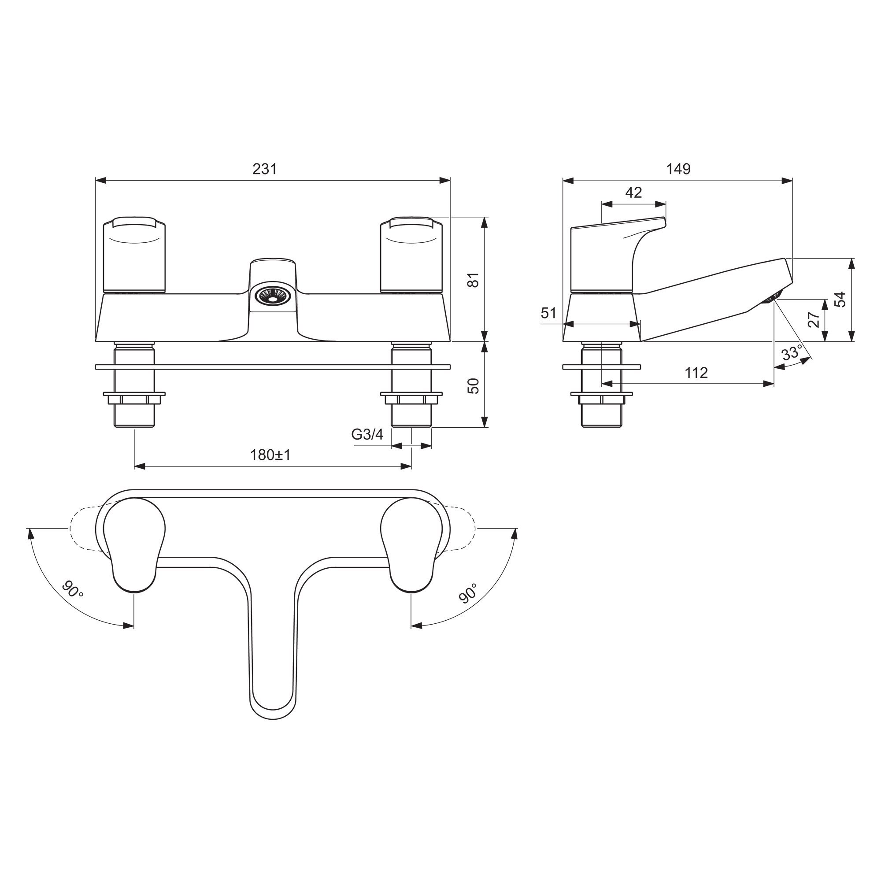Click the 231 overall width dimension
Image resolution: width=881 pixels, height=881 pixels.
tap(265, 169)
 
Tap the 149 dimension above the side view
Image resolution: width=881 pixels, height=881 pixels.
tap(678, 169)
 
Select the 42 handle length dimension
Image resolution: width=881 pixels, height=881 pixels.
tap(633, 192)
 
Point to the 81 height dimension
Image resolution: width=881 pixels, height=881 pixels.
tap(474, 280)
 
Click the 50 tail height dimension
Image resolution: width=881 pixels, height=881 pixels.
tap(474, 386)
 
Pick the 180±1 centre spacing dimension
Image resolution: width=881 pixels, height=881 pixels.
tap(270, 455)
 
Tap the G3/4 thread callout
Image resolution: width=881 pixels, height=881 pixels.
tap(367, 434)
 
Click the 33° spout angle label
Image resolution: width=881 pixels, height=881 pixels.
tap(792, 352)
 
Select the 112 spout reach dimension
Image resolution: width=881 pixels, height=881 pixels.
tap(696, 373)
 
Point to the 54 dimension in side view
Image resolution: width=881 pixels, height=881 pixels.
tap(840, 300)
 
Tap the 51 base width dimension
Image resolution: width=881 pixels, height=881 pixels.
tap(549, 313)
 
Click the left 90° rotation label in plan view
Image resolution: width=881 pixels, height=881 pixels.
tap(73, 590)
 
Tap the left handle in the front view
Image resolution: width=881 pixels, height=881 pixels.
tap(134, 255)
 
